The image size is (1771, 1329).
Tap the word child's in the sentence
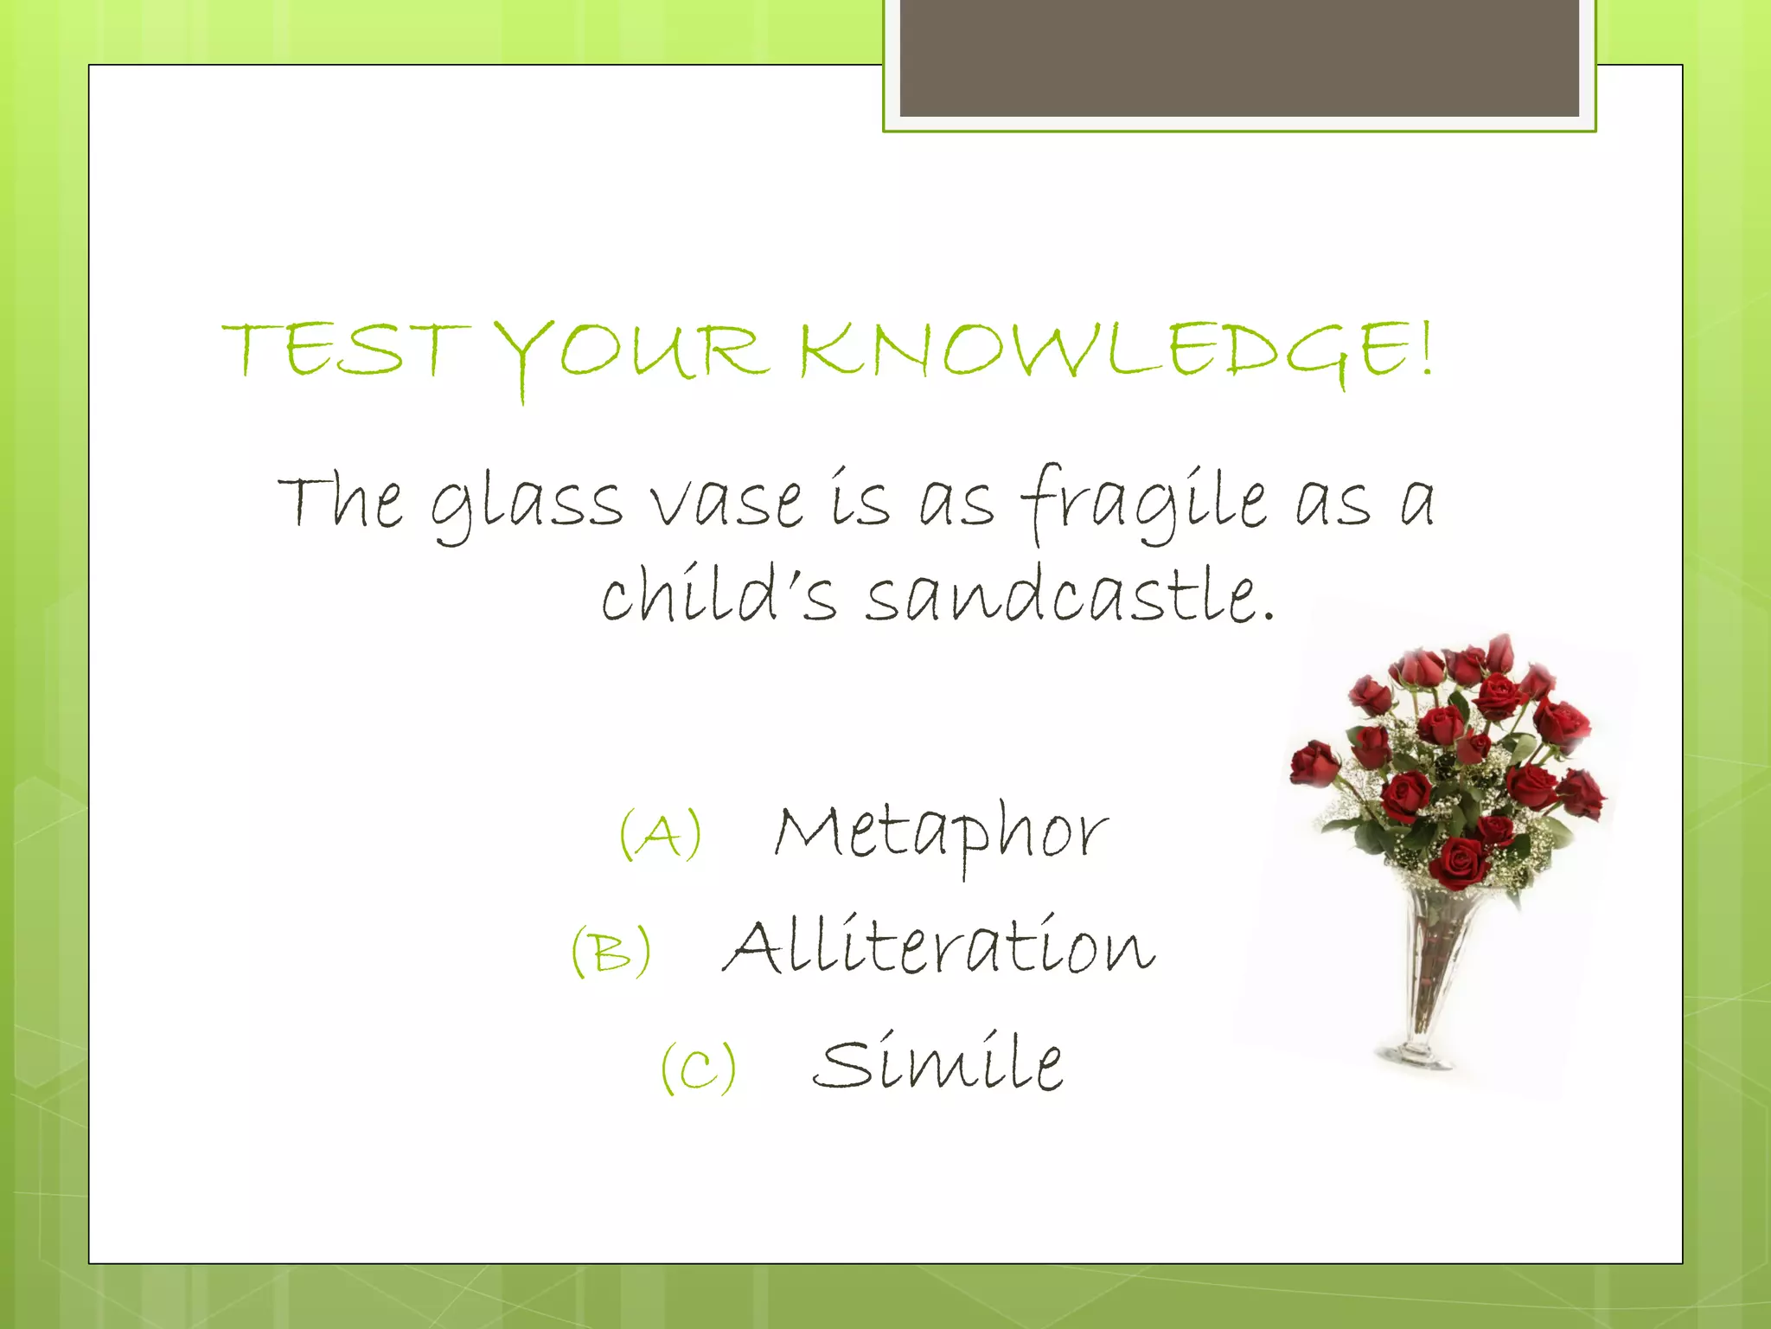point(718,597)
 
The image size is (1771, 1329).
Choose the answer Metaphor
point(940,832)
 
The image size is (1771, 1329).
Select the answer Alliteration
point(938,947)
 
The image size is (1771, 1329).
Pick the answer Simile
point(938,1064)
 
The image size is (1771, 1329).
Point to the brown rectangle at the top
point(1238,57)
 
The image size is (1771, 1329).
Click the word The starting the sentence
point(341,502)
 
